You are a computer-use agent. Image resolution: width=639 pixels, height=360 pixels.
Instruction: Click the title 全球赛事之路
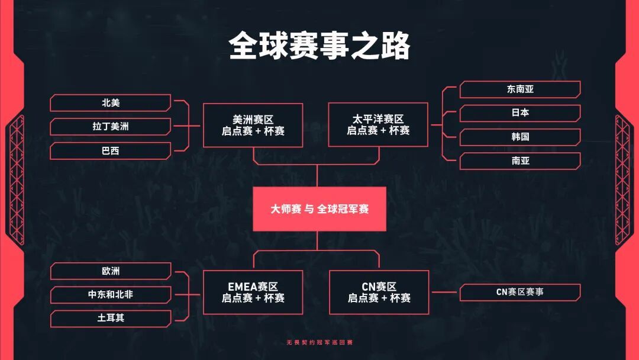tap(319, 46)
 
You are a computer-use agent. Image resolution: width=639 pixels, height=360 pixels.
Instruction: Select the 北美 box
tap(111, 103)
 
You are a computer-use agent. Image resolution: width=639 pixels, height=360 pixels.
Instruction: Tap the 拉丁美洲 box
tap(111, 127)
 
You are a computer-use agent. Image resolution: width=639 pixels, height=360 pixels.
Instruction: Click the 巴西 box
tap(111, 151)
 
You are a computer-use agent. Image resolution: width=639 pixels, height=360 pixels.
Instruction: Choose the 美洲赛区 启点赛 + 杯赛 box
tap(253, 125)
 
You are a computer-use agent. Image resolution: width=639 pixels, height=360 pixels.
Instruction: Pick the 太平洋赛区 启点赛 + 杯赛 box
tap(378, 125)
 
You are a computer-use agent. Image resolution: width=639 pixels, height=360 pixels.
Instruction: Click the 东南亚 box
tap(520, 89)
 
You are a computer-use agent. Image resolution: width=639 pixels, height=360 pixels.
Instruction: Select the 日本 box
tap(520, 113)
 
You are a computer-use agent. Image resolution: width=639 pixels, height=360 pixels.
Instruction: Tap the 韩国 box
tap(520, 137)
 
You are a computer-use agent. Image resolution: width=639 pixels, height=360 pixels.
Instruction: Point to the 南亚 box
tap(520, 161)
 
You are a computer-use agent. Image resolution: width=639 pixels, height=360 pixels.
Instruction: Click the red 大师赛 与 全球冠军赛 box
tap(319, 209)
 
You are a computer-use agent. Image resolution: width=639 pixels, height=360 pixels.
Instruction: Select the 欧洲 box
tap(111, 271)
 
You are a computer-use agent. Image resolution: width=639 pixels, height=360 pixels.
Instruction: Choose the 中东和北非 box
tap(111, 294)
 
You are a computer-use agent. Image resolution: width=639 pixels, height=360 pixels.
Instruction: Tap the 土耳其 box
tap(111, 319)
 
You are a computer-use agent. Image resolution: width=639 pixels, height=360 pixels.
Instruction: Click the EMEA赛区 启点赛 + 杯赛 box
tap(253, 292)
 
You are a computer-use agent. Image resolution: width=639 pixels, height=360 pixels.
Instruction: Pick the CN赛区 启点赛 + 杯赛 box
tap(379, 292)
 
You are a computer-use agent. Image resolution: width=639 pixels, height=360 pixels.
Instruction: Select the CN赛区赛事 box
tap(520, 292)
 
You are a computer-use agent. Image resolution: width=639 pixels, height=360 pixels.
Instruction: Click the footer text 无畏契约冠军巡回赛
tap(319, 343)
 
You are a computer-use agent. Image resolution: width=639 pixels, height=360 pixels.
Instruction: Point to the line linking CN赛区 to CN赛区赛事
tap(444, 292)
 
